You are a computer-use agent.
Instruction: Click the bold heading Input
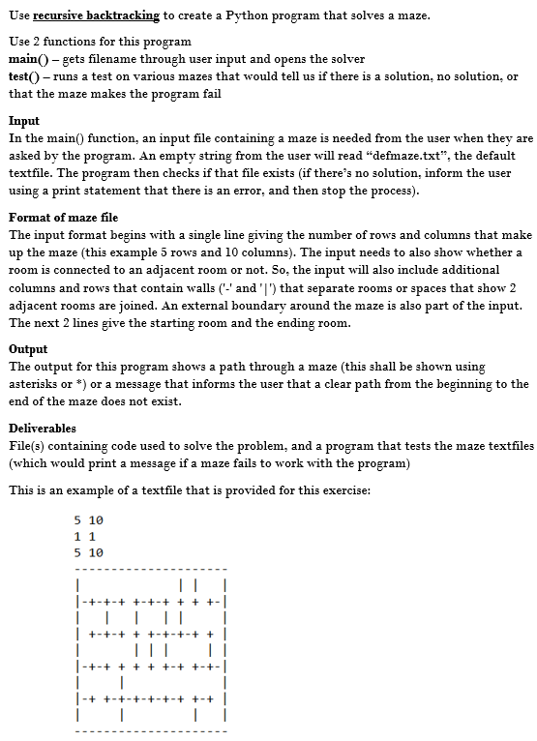[24, 122]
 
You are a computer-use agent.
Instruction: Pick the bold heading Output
[28, 349]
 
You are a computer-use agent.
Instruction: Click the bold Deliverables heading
[43, 428]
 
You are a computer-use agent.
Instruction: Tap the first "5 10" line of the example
[88, 519]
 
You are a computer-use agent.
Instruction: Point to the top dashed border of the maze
[150, 568]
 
